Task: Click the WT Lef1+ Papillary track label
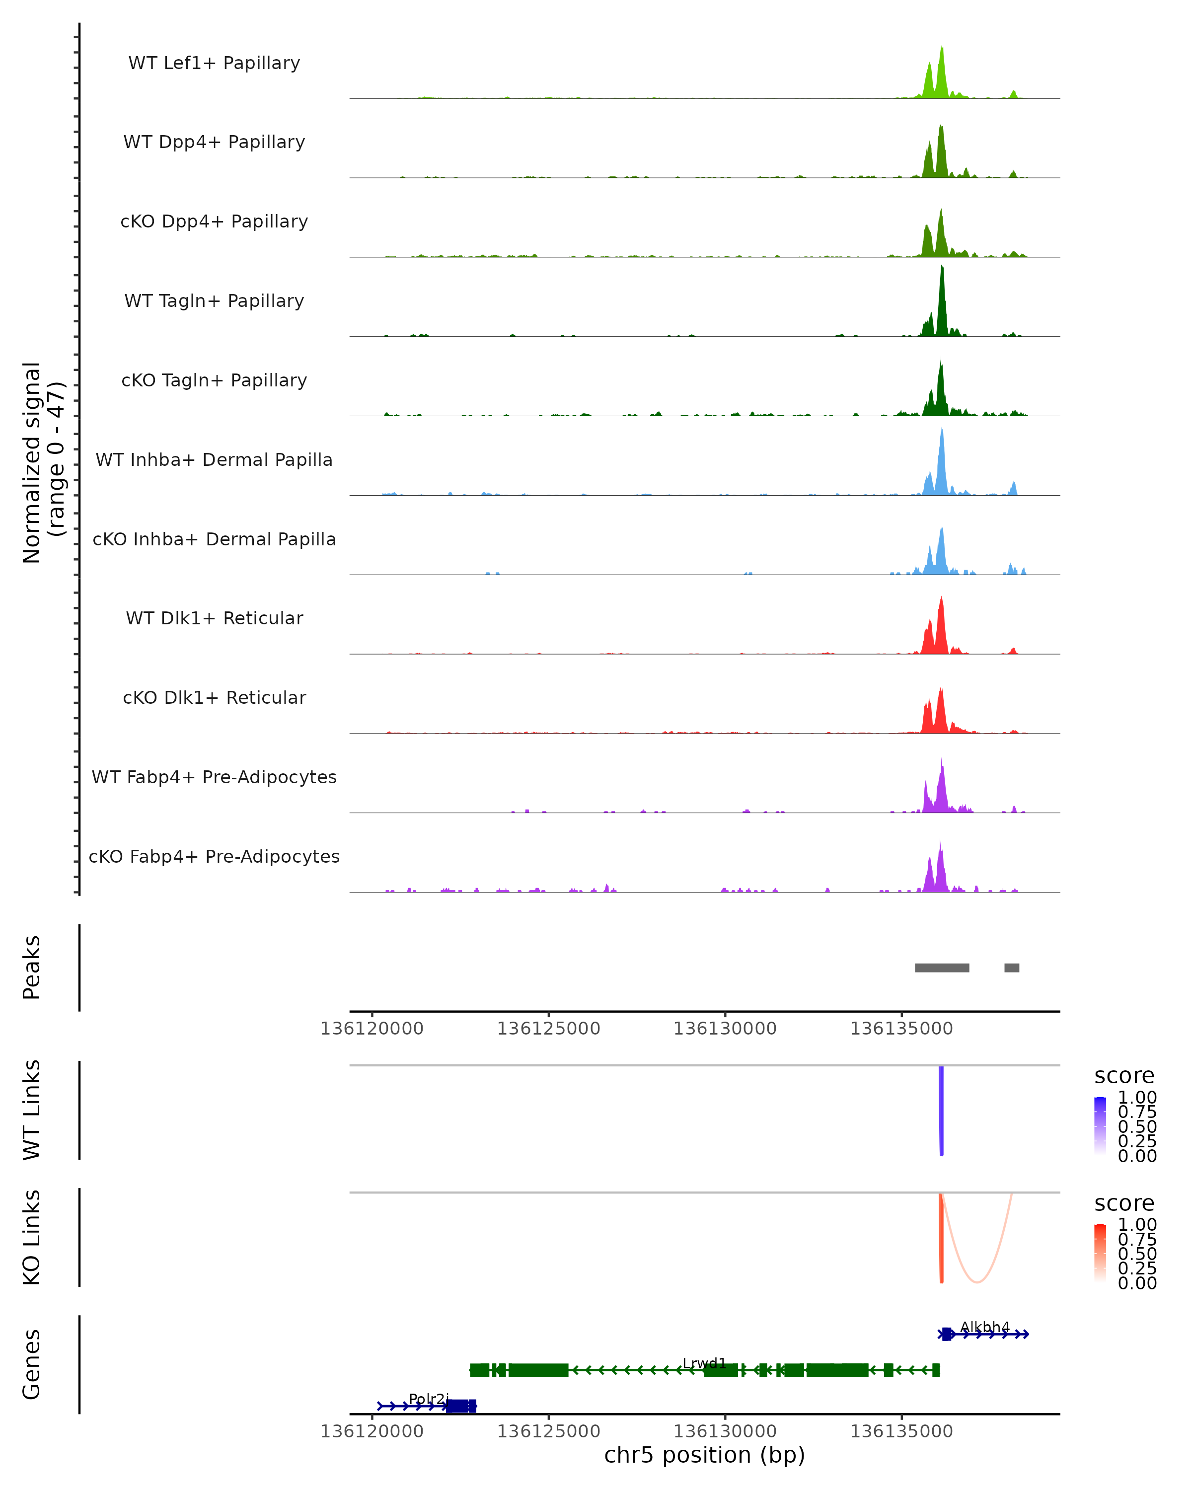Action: pyautogui.click(x=214, y=63)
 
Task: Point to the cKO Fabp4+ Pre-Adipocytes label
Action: pyautogui.click(x=214, y=856)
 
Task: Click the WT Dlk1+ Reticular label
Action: pyautogui.click(x=214, y=618)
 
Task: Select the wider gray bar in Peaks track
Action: pyautogui.click(x=942, y=968)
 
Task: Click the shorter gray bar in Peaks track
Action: pyautogui.click(x=1012, y=968)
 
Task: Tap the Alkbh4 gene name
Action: pyautogui.click(x=985, y=1327)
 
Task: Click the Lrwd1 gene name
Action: pyautogui.click(x=704, y=1363)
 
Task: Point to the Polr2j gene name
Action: pyautogui.click(x=429, y=1399)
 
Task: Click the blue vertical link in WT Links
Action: pyautogui.click(x=941, y=1109)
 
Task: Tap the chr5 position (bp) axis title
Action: pyautogui.click(x=704, y=1455)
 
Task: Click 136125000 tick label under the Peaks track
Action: pyautogui.click(x=549, y=1029)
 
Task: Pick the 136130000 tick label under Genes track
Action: pyautogui.click(x=725, y=1431)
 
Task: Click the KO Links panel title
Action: pyautogui.click(x=32, y=1237)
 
